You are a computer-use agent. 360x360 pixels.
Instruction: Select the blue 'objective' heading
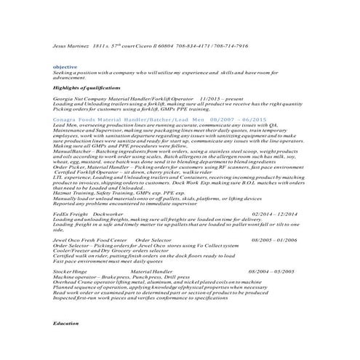[x=66, y=66]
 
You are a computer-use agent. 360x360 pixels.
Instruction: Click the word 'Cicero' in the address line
[x=159, y=45]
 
